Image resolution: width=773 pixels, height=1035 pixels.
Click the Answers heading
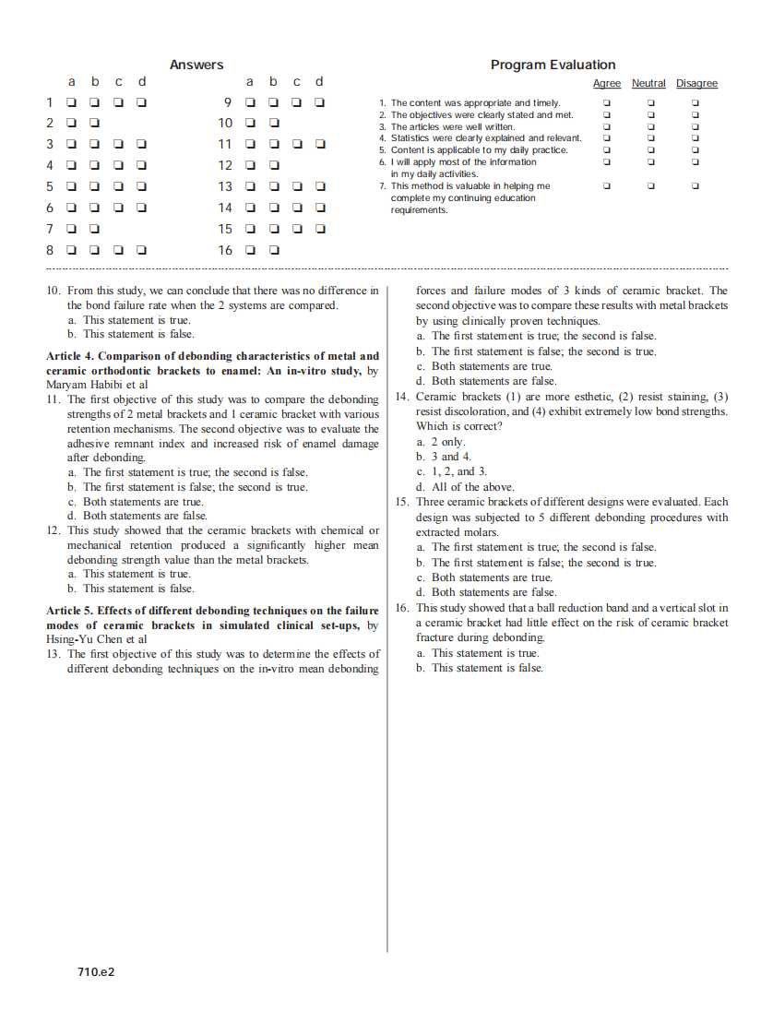[x=196, y=65]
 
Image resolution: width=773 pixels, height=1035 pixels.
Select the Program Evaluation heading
[x=553, y=65]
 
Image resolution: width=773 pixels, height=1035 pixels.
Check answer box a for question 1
[x=71, y=102]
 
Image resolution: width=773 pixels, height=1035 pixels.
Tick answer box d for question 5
[x=142, y=187]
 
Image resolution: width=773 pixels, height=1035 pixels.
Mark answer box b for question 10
[x=274, y=124]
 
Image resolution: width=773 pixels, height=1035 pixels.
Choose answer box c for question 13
[x=297, y=187]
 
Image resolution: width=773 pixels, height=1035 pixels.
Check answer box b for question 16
[x=274, y=250]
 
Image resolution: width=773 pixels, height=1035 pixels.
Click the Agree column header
[x=606, y=84]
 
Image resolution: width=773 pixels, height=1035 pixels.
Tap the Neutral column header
[x=648, y=84]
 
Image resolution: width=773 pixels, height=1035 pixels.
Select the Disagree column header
[x=696, y=84]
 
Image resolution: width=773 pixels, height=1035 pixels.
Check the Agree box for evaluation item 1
[x=606, y=103]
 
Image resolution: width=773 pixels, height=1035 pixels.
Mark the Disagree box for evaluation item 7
[x=696, y=186]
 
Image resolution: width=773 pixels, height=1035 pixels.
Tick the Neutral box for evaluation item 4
[x=650, y=138]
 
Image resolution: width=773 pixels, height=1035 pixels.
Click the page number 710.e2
[x=96, y=972]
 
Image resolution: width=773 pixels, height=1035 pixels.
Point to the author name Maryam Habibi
[x=82, y=385]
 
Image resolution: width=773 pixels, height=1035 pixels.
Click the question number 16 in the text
[x=401, y=608]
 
